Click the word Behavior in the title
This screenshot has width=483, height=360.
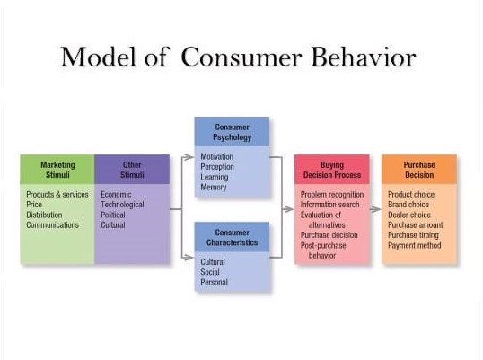click(x=364, y=57)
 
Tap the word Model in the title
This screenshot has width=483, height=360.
click(x=98, y=57)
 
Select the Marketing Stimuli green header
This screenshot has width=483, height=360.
click(x=57, y=170)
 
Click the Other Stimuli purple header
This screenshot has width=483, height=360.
click(x=132, y=170)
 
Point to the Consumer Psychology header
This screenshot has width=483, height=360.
click(x=232, y=132)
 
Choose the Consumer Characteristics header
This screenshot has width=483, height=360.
click(x=232, y=237)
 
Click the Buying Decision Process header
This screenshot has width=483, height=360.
click(x=332, y=170)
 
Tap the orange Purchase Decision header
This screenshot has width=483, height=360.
click(x=419, y=170)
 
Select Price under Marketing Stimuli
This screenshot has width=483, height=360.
click(x=34, y=205)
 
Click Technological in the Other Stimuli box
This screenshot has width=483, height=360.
click(x=122, y=205)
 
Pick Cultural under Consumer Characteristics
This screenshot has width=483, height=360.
click(x=213, y=262)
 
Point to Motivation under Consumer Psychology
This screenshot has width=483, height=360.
click(x=217, y=156)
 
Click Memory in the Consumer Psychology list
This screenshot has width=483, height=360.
click(x=214, y=188)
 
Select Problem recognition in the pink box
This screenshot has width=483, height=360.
click(x=332, y=195)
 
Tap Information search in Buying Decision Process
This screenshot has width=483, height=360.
click(x=329, y=205)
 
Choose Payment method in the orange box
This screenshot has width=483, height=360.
click(x=414, y=245)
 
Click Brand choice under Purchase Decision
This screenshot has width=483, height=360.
click(x=408, y=205)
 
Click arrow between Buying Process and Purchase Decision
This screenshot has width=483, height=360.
click(x=375, y=209)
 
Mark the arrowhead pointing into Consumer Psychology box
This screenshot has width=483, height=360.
click(x=189, y=157)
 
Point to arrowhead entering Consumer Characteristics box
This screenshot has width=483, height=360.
click(x=189, y=257)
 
